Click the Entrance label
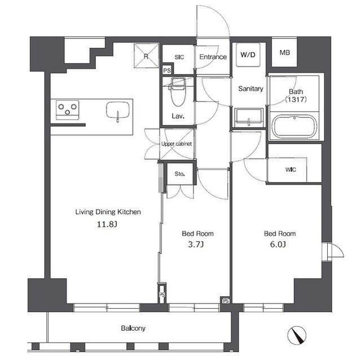click(213, 57)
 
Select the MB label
click(285, 54)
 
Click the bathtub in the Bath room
click(294, 127)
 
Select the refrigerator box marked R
click(145, 55)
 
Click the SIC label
click(179, 57)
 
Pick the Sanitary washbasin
click(248, 118)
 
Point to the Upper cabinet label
click(177, 144)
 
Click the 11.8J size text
click(108, 224)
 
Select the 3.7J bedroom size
click(197, 245)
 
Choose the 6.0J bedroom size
click(279, 245)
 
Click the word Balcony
click(133, 328)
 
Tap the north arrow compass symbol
click(297, 336)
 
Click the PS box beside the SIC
click(166, 71)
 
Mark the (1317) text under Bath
click(296, 100)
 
